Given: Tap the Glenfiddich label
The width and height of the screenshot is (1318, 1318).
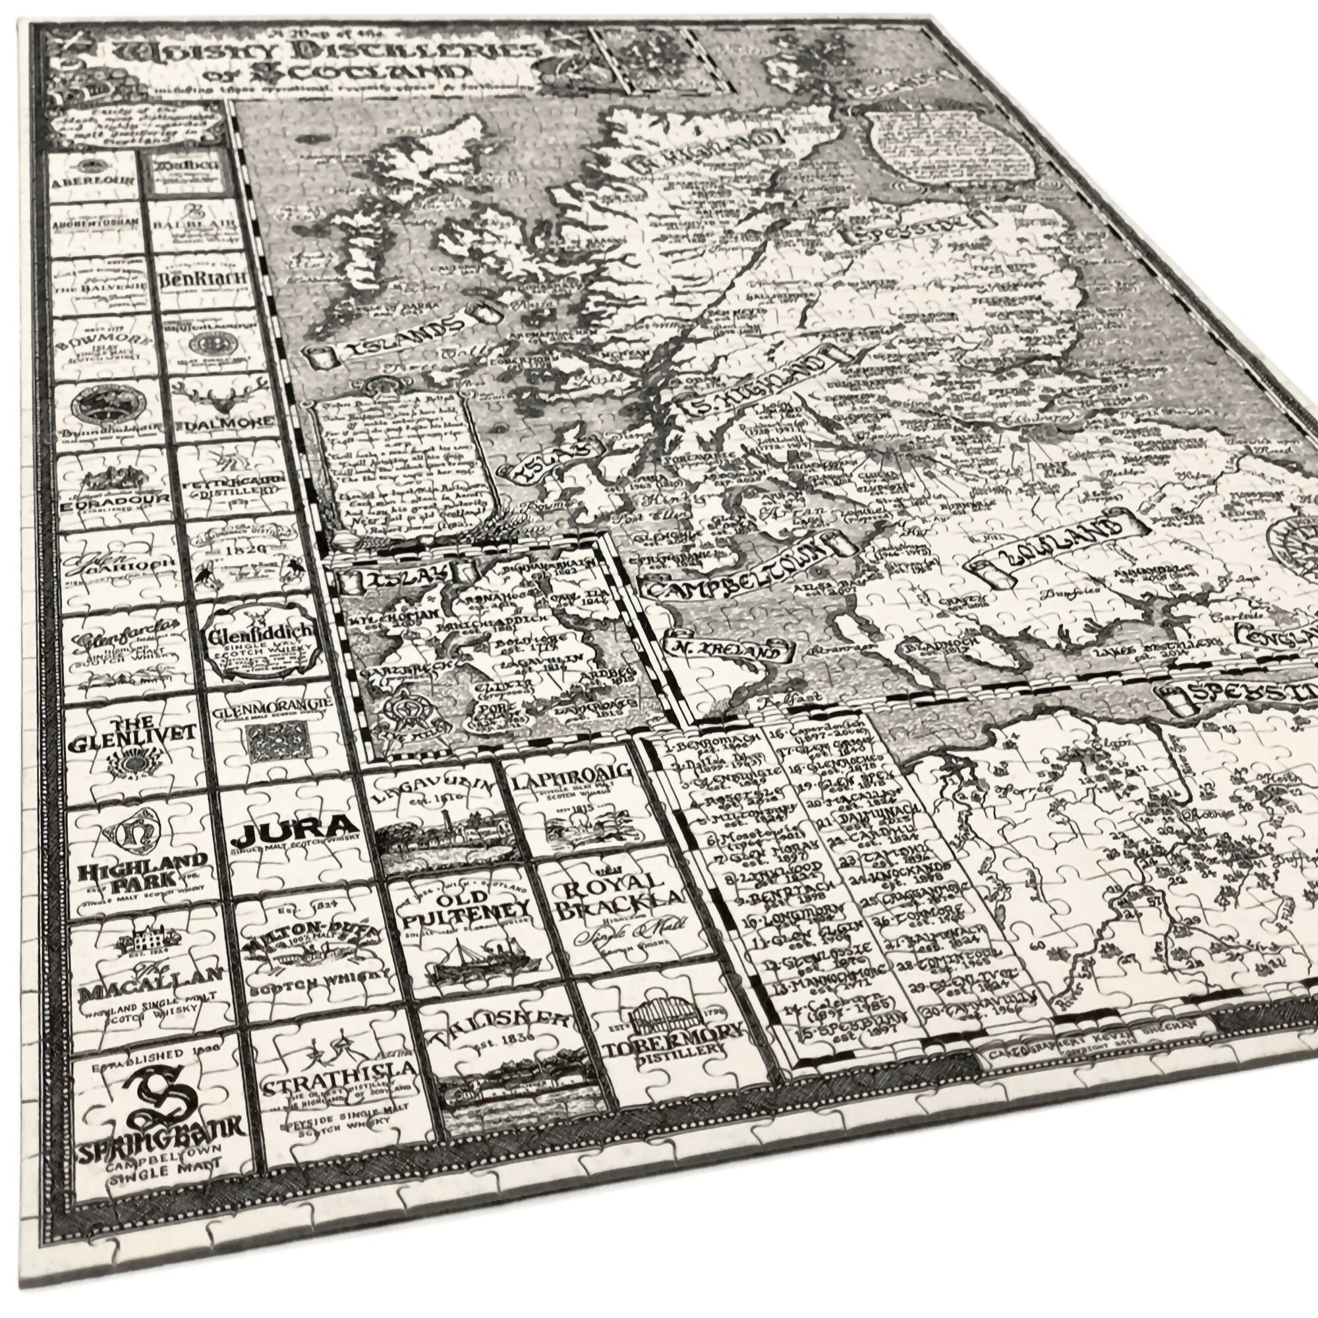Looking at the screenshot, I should click(263, 635).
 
